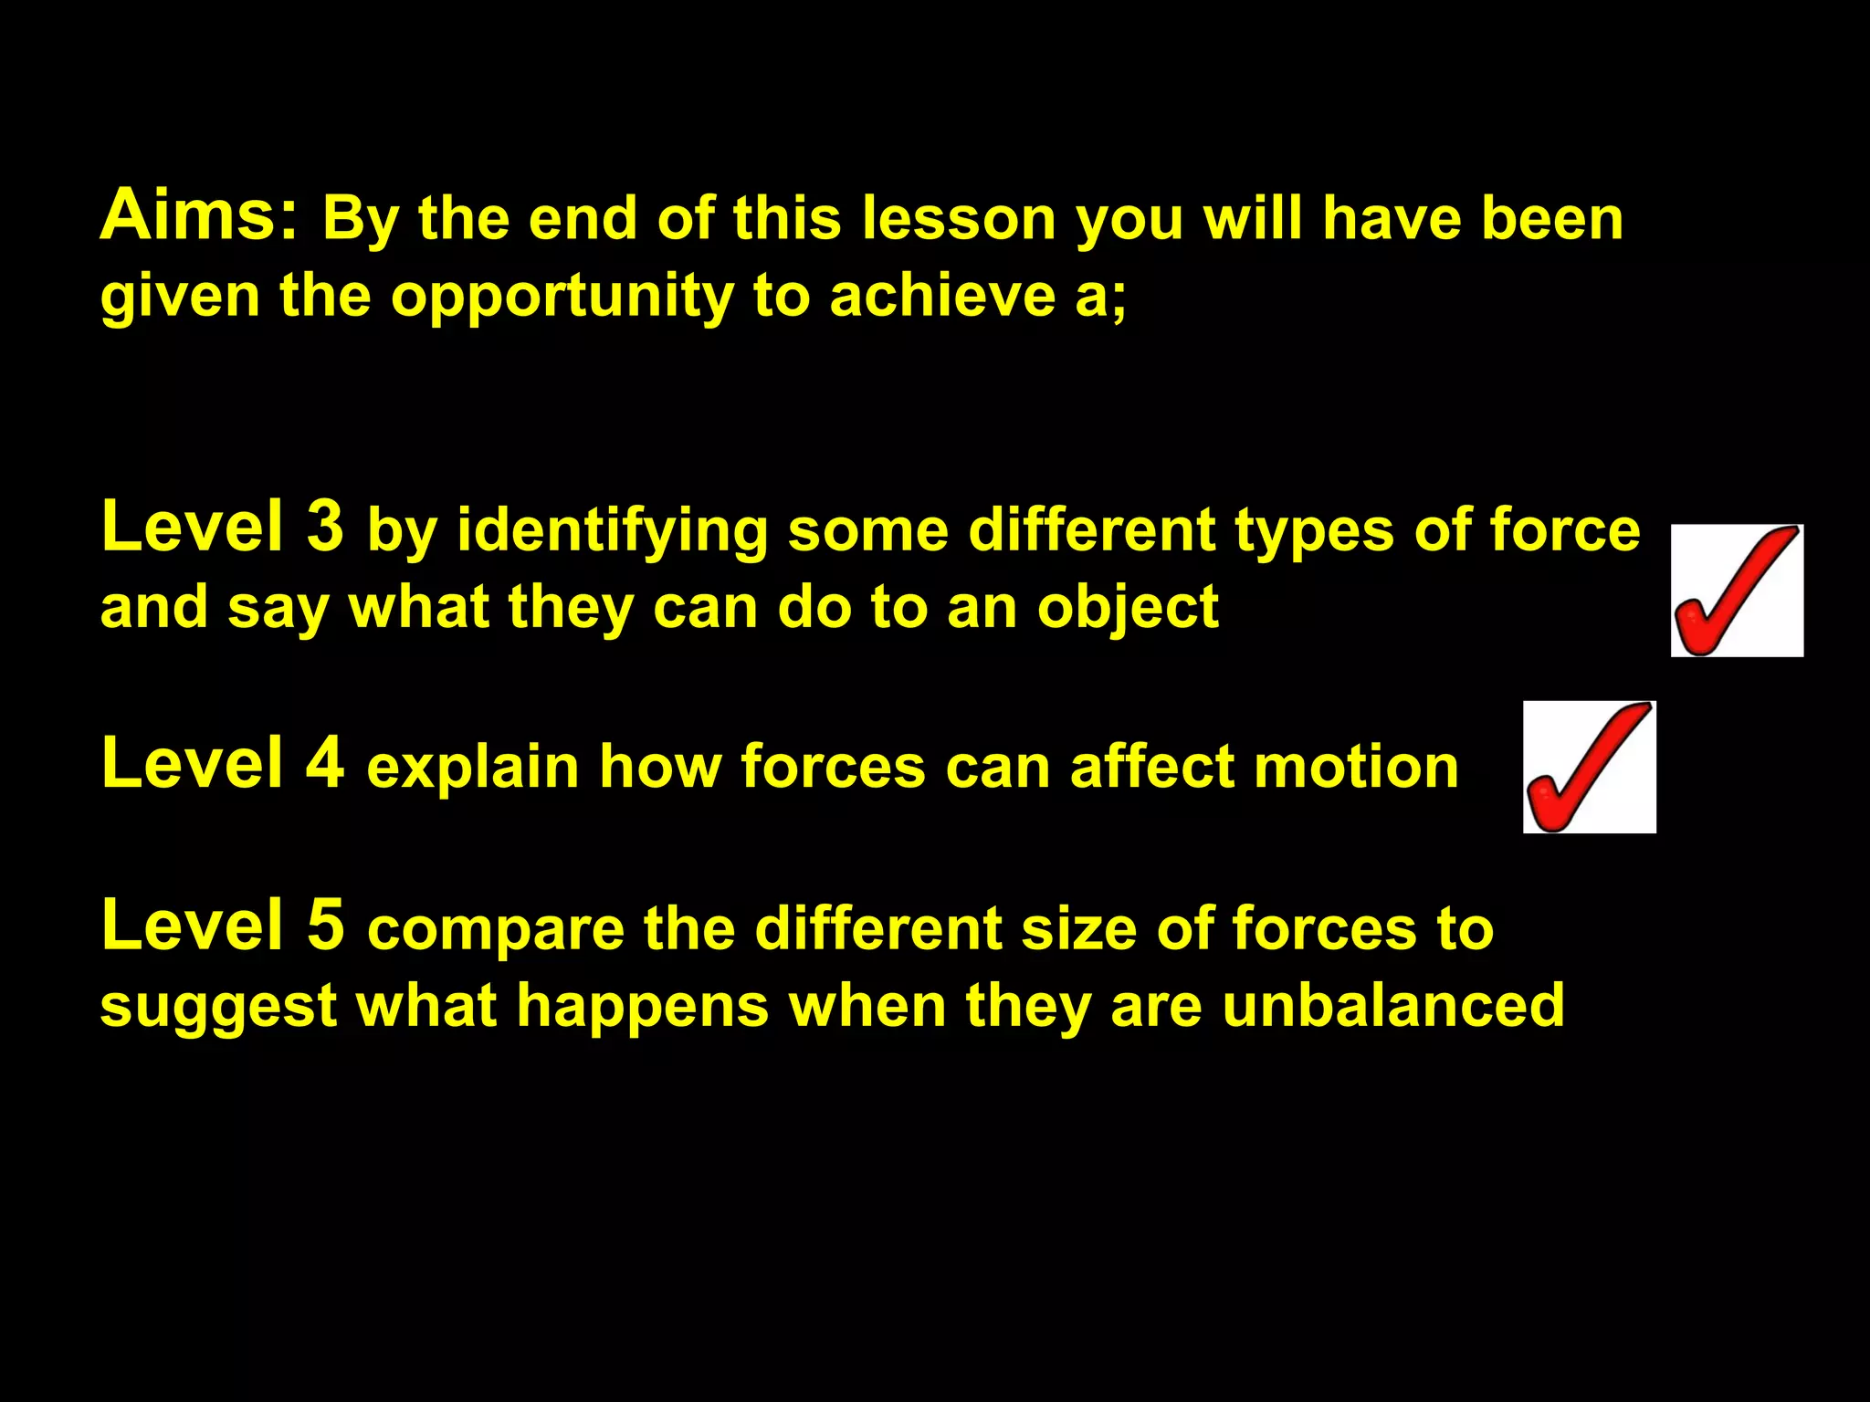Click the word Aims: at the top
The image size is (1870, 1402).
click(199, 215)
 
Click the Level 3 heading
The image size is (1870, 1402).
click(223, 528)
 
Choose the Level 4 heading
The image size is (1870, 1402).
click(223, 763)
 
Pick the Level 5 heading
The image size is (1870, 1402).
click(223, 926)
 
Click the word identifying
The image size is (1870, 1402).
click(613, 533)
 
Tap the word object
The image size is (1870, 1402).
click(1128, 610)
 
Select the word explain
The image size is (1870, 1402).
click(473, 767)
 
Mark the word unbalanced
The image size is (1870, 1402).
click(1393, 1006)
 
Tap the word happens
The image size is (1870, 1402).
click(643, 1008)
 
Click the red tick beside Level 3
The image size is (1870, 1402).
click(1737, 591)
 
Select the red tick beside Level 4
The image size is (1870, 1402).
click(1589, 767)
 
